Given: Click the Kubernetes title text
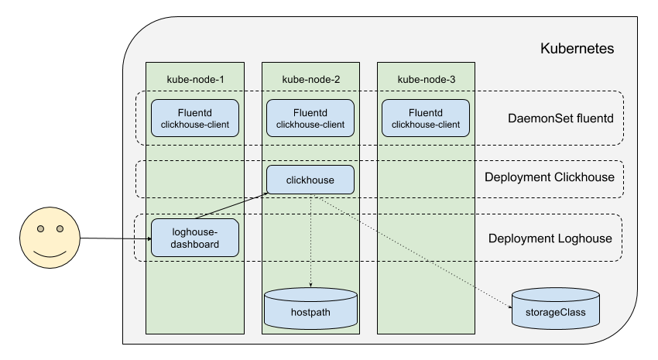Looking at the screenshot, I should click(x=577, y=49).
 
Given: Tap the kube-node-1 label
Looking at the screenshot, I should click(x=195, y=80).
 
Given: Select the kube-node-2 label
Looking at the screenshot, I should click(x=310, y=80).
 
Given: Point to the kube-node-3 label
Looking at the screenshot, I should click(x=426, y=80).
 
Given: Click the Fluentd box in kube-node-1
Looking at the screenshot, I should click(x=195, y=118).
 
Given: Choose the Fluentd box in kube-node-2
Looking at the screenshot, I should click(x=310, y=118).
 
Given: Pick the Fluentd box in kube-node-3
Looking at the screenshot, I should click(x=426, y=118).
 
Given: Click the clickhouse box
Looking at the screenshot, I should click(x=310, y=180).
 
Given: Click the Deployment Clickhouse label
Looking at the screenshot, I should click(x=549, y=177).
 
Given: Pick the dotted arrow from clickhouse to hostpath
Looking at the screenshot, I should click(x=310, y=240).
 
